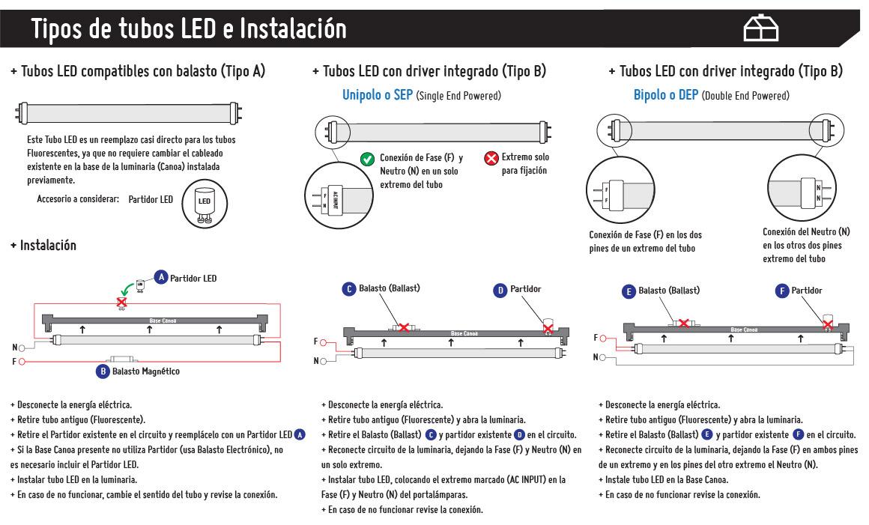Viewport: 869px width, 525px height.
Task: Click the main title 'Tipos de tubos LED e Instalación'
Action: tap(189, 29)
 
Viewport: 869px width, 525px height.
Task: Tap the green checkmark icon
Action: tap(367, 159)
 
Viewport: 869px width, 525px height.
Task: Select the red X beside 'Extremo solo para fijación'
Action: tap(491, 159)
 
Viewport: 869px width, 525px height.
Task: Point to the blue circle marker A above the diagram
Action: tap(161, 278)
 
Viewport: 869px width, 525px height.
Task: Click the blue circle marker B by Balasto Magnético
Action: tap(103, 371)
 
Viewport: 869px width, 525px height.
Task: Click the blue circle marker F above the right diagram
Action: tap(782, 291)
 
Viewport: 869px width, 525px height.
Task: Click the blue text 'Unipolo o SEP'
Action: tap(377, 95)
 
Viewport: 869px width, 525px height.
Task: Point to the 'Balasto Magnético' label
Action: tap(145, 371)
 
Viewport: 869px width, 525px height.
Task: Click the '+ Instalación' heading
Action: tap(43, 246)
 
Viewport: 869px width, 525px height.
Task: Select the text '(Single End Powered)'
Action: tap(458, 96)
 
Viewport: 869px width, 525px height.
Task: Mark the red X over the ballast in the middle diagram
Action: tap(404, 327)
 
